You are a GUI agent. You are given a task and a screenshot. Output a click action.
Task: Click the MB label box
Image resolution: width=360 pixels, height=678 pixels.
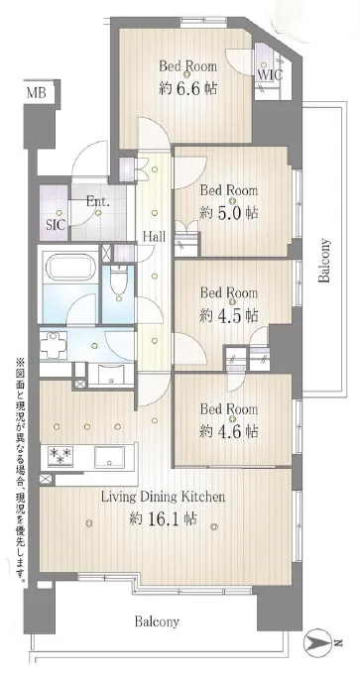(37, 92)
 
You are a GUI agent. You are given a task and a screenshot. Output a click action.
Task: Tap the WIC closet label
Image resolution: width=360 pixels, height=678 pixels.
(270, 74)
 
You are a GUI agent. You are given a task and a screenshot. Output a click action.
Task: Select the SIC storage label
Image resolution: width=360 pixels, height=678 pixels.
(56, 225)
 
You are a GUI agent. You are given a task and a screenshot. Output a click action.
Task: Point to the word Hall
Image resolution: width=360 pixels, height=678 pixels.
(155, 236)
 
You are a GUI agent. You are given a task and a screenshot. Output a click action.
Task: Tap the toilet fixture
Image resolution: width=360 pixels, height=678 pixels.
(118, 282)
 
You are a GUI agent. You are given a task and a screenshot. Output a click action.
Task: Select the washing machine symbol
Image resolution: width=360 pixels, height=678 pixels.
(54, 345)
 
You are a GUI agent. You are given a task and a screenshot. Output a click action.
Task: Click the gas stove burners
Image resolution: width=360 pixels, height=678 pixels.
(60, 456)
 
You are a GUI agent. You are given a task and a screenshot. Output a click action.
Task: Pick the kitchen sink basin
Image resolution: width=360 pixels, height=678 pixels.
(110, 457)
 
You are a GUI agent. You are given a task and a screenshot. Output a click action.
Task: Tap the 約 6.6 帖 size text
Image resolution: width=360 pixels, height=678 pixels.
(187, 88)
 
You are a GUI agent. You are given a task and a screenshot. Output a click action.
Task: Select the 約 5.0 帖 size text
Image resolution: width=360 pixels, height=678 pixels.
(229, 213)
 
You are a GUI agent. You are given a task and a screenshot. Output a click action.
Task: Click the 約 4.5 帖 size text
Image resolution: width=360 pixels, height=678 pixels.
(229, 316)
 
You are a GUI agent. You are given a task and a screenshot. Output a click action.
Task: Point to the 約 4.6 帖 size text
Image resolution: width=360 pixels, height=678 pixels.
(229, 431)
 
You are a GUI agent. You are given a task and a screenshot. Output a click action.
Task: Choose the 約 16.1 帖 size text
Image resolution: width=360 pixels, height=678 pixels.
(163, 518)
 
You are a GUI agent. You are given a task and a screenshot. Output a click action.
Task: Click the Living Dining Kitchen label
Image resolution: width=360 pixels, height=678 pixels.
(163, 498)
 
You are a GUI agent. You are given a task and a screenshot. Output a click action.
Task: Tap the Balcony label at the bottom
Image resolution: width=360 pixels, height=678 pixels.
(157, 622)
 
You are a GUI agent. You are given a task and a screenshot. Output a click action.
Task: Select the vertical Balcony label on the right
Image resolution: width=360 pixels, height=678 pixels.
(324, 261)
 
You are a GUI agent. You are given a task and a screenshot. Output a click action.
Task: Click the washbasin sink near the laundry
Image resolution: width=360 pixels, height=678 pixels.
(112, 373)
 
